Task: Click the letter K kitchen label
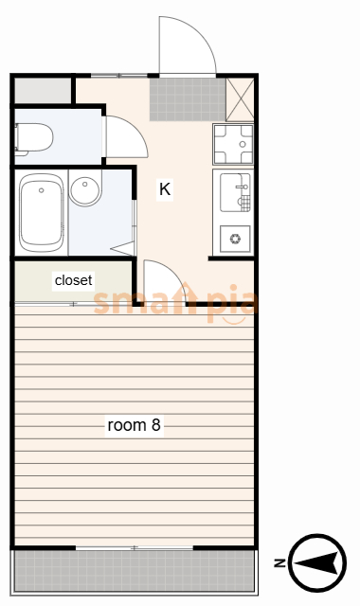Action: click(165, 189)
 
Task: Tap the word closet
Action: click(74, 280)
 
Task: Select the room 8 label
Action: click(134, 425)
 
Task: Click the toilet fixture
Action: click(34, 138)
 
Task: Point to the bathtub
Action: click(42, 212)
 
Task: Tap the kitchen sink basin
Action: click(235, 192)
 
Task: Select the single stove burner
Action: click(235, 239)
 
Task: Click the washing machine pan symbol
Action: click(233, 144)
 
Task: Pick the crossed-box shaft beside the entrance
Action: click(240, 99)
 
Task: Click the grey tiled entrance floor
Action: click(188, 99)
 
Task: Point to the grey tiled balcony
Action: click(135, 571)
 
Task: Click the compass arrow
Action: click(317, 562)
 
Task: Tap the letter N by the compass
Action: click(279, 563)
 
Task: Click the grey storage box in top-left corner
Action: click(43, 91)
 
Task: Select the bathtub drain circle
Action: click(42, 190)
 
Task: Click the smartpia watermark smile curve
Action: click(234, 320)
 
